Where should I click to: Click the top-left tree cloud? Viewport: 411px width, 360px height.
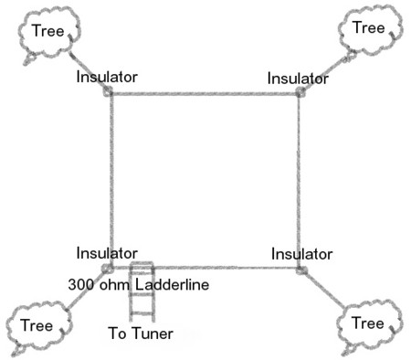point(47,33)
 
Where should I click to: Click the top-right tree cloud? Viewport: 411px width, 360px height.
point(368,29)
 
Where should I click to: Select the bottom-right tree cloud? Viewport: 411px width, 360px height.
point(367,323)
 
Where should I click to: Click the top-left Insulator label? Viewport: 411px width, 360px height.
point(107,77)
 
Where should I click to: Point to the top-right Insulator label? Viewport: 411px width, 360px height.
point(298,79)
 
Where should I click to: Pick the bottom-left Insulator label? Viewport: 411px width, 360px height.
point(107,252)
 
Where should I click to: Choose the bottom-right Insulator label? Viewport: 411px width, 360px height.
point(302,253)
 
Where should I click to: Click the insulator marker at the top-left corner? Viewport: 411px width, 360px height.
point(109,91)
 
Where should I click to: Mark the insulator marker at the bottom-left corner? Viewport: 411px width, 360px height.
point(107,269)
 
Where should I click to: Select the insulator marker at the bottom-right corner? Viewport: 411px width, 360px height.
point(300,270)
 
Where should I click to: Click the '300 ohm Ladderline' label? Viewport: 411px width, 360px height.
point(139,285)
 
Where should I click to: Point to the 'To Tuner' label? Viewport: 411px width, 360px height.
point(139,334)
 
